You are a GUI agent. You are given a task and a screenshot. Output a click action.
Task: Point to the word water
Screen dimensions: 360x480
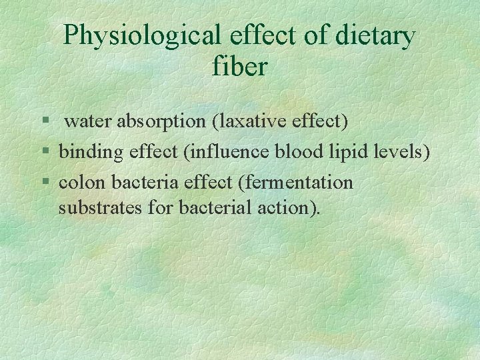click(89, 121)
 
